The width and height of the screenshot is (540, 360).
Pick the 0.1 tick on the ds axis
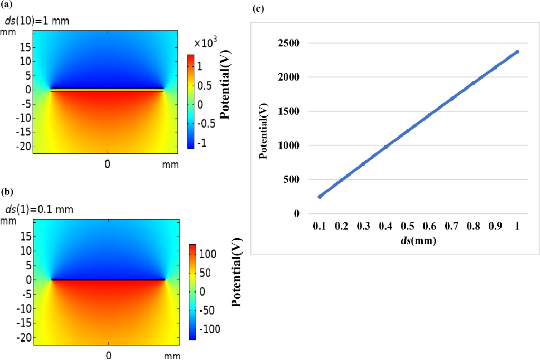click(x=319, y=226)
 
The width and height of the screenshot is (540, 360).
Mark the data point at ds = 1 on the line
click(x=517, y=52)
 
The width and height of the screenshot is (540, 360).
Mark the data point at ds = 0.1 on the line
click(x=319, y=197)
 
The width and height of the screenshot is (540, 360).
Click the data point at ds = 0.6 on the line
click(x=429, y=114)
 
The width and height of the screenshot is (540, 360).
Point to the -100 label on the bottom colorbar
click(x=209, y=329)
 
